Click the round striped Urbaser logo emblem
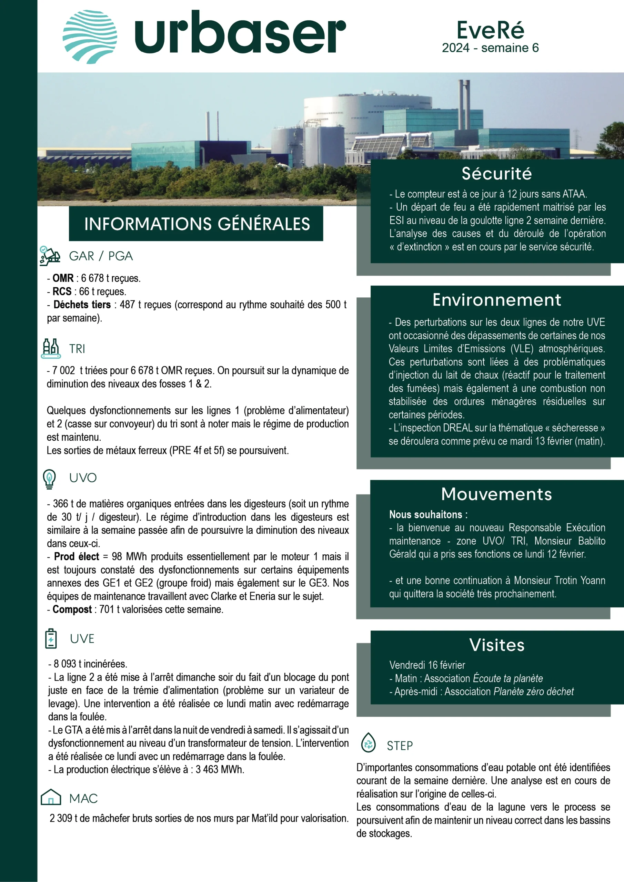click(90, 37)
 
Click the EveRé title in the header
click(490, 30)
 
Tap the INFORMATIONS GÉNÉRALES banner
click(197, 224)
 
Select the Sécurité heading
click(497, 174)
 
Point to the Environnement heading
click(497, 300)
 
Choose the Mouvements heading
click(496, 494)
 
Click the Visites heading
click(497, 645)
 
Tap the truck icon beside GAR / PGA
click(50, 256)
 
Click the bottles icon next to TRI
click(50, 348)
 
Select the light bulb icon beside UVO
click(49, 479)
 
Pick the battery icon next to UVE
click(51, 638)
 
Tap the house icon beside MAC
click(51, 797)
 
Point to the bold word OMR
click(63, 278)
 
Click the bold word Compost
click(72, 609)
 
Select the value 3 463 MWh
click(219, 769)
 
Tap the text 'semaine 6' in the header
click(510, 48)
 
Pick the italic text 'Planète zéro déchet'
click(533, 691)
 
